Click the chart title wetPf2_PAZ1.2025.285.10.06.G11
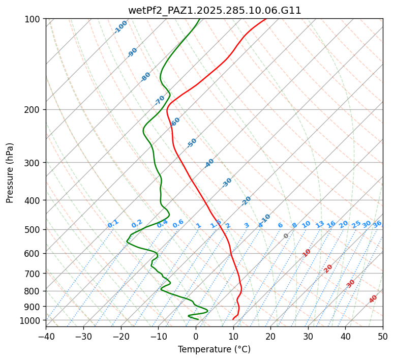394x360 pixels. tap(214, 10)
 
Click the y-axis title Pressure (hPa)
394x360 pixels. tap(10, 173)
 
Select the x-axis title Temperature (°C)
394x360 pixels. tap(214, 349)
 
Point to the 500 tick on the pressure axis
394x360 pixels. tap(34, 229)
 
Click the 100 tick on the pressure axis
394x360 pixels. tap(34, 19)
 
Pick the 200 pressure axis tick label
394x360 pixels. tap(34, 109)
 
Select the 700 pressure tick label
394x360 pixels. tap(34, 274)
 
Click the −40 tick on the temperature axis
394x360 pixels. tap(46, 336)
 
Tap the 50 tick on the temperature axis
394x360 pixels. tap(383, 336)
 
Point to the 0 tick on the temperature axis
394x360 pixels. tap(196, 336)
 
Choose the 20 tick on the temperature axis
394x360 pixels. tap(270, 336)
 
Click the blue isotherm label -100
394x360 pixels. tap(121, 26)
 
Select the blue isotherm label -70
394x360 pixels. tap(160, 100)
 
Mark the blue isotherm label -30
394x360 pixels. tap(227, 182)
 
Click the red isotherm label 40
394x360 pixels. tap(373, 299)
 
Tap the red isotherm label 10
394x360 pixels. tap(307, 253)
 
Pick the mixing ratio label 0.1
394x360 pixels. tap(113, 224)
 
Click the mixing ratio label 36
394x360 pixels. tap(377, 224)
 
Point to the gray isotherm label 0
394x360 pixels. tap(286, 236)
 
